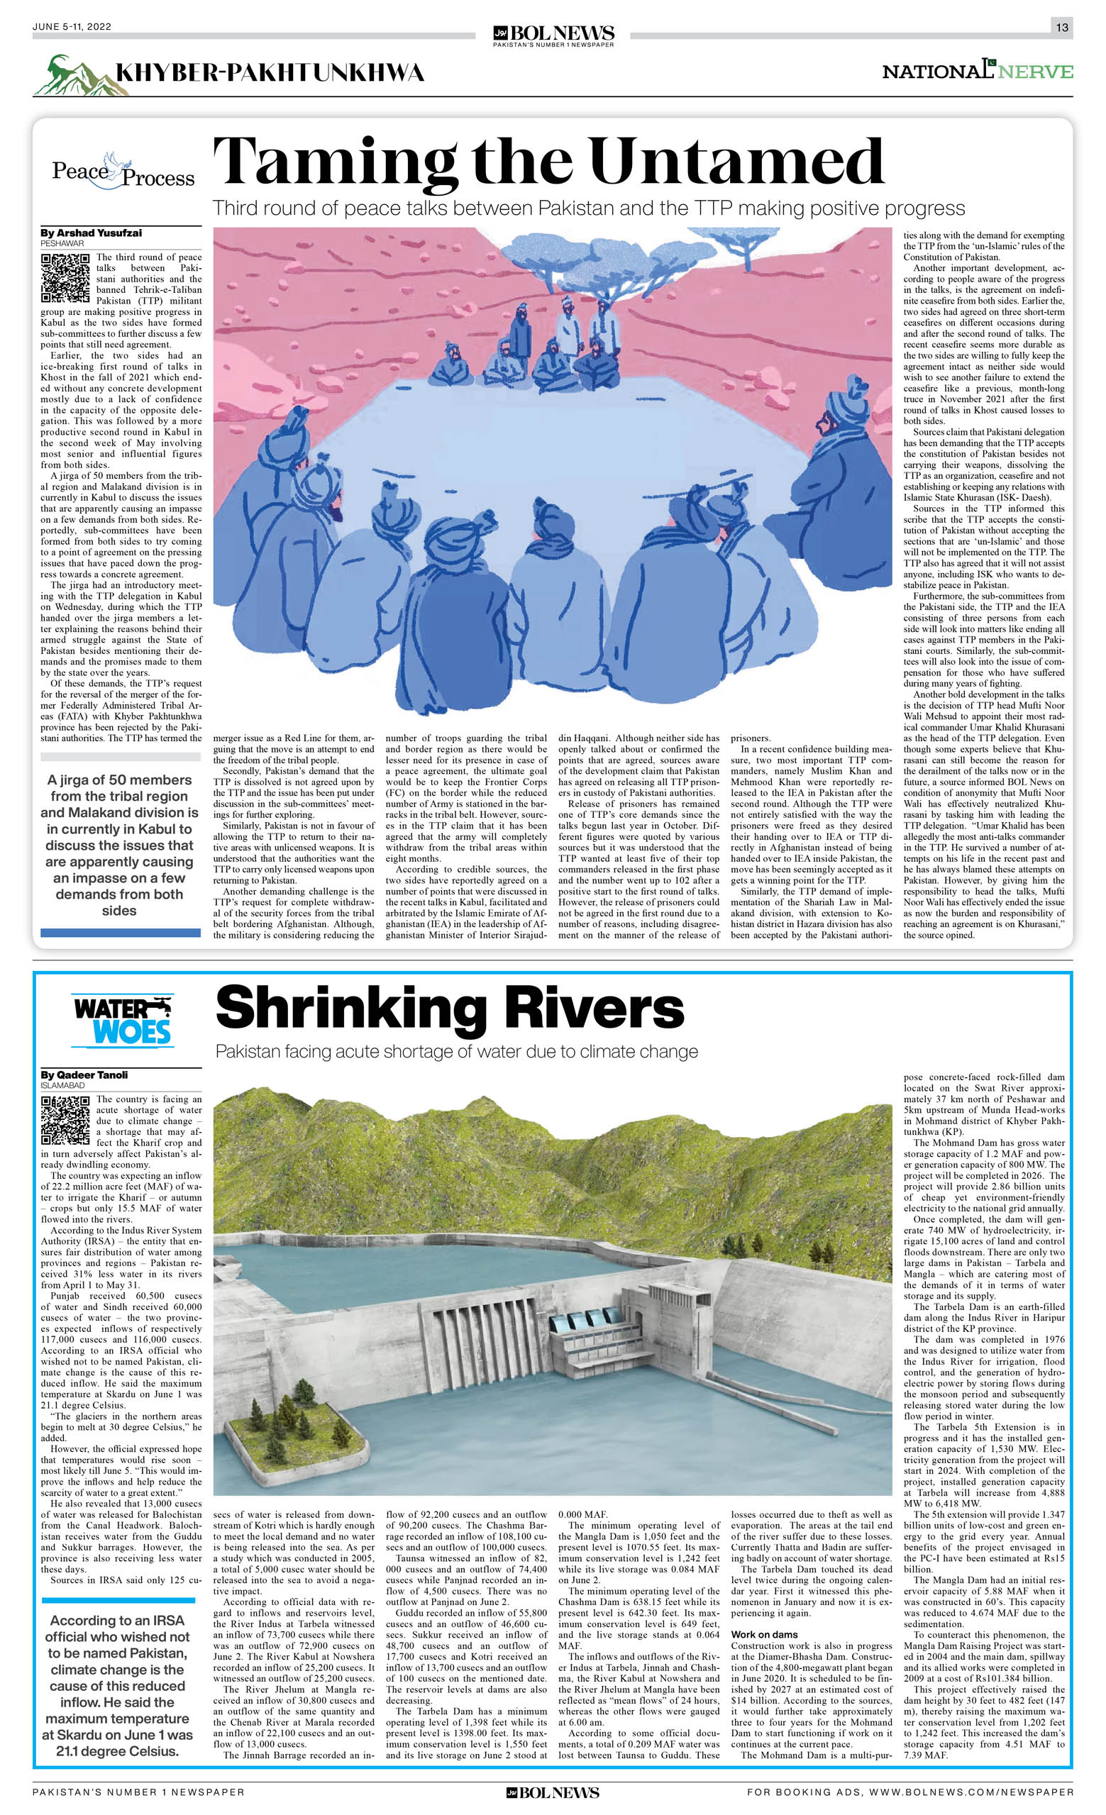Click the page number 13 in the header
point(1061,27)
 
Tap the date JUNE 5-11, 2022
point(72,26)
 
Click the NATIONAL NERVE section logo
point(977,71)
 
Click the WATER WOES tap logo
point(122,1020)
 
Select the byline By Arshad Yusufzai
point(91,233)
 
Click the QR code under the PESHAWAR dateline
point(65,279)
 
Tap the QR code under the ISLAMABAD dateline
point(65,1121)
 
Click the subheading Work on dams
point(764,1635)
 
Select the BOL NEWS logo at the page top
point(553,33)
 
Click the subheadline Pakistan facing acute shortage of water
point(456,1051)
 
